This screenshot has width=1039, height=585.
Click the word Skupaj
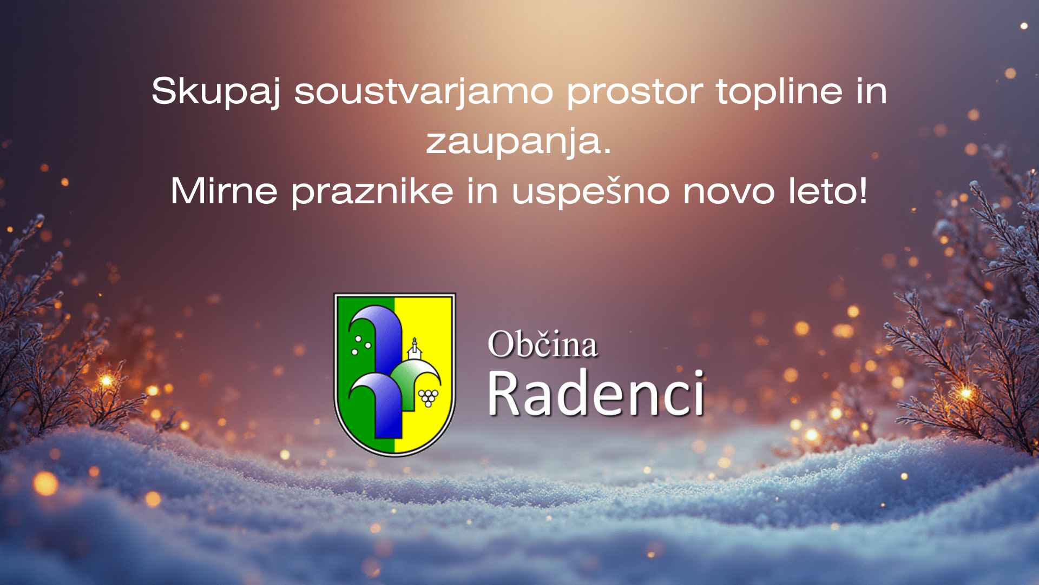pos(215,92)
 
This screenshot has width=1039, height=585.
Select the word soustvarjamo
pos(424,91)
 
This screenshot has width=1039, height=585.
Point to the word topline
pos(779,92)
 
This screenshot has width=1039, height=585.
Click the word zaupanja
pos(514,142)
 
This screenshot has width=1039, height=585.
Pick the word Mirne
pos(224,191)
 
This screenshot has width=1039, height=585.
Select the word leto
pos(819,191)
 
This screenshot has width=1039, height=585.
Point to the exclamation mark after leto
pos(862,191)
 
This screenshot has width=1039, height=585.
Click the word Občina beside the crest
pos(542,344)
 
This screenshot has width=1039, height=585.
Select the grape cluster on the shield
pos(429,397)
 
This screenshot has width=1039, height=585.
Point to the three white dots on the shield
pos(361,344)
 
